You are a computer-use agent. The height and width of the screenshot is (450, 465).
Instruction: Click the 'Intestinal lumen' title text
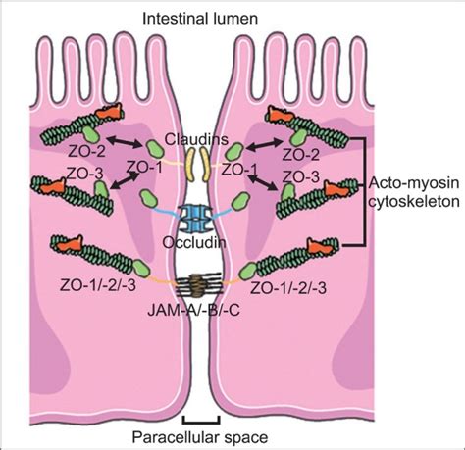pyautogui.click(x=232, y=18)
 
